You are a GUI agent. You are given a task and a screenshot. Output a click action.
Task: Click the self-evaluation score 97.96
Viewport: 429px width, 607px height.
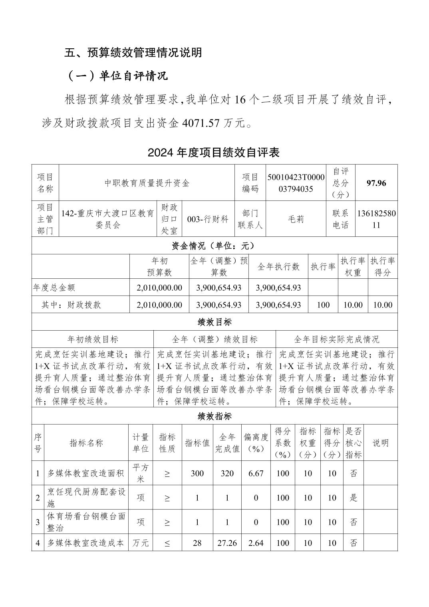[376, 183]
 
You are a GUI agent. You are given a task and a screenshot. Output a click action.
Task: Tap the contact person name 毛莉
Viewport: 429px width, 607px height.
[296, 219]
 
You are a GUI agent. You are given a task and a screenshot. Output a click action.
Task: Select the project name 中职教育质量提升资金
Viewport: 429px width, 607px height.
[147, 183]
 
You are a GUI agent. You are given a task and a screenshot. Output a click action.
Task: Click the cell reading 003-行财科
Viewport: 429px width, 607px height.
[208, 219]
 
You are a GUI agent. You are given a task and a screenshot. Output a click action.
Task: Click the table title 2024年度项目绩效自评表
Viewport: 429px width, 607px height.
[214, 153]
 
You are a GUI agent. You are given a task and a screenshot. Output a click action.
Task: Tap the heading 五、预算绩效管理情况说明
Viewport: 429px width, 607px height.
[133, 53]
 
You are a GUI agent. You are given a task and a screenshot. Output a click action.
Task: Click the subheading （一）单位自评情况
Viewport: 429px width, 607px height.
[116, 76]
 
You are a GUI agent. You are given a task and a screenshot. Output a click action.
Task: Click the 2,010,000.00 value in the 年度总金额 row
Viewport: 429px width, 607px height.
[159, 288]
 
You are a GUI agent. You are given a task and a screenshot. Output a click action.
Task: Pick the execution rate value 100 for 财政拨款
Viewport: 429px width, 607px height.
[323, 305]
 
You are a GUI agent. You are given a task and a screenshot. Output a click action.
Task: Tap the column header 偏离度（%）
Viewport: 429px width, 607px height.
[256, 442]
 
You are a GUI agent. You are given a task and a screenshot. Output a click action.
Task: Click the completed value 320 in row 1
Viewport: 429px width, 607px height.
[227, 473]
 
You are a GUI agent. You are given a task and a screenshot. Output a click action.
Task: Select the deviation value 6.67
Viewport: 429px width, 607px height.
[256, 473]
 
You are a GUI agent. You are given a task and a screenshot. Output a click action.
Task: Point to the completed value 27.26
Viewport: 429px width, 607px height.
[227, 543]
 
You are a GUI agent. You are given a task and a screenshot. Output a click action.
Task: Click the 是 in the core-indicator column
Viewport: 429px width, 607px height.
[354, 498]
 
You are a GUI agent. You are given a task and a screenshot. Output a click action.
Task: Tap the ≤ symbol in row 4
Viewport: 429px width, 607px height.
[167, 543]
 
